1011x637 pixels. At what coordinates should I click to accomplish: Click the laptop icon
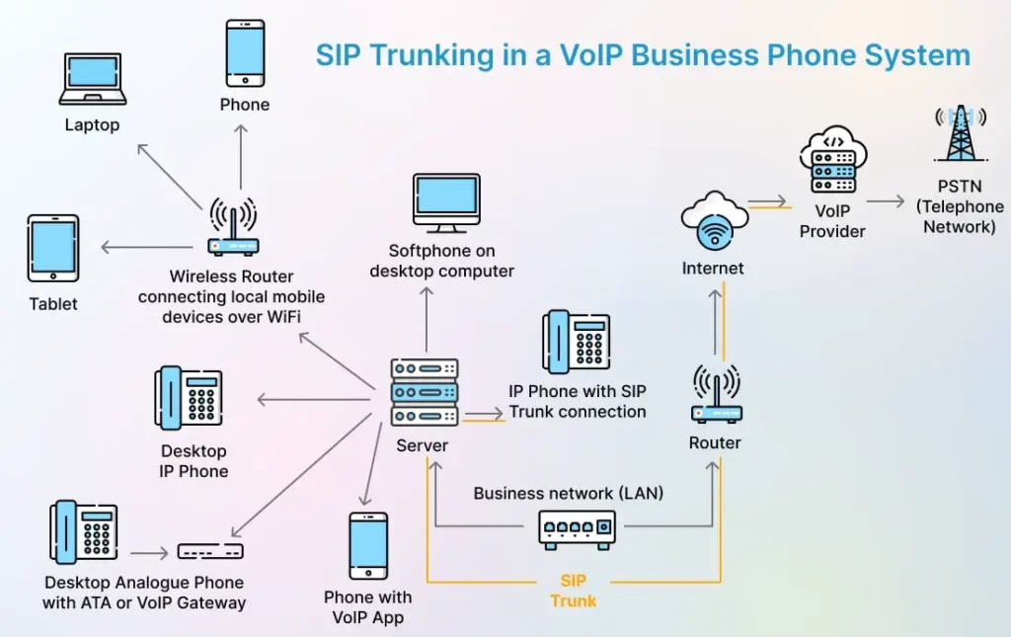pos(92,79)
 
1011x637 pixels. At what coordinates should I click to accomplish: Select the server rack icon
pos(425,392)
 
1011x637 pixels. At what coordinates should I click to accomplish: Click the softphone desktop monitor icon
pos(445,202)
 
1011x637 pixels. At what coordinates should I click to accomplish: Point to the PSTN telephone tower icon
pos(959,133)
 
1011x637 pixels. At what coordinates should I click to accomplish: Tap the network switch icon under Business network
pos(578,529)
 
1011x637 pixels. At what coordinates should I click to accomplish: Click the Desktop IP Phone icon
pos(190,398)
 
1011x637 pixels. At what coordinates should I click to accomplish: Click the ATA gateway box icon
pos(210,551)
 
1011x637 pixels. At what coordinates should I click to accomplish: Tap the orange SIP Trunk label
pos(574,590)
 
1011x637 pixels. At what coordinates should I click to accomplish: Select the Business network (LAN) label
pos(569,493)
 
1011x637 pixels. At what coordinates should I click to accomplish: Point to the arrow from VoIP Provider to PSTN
pos(887,200)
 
